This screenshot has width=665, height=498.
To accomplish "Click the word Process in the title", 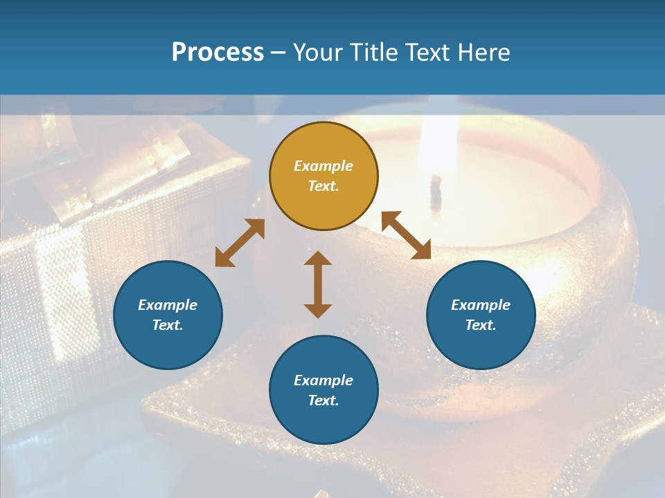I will tap(218, 53).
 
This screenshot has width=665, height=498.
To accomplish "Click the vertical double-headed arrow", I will tap(318, 284).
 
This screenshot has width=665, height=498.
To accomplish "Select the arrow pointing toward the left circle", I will tap(240, 243).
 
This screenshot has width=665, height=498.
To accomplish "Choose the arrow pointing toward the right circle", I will tap(406, 235).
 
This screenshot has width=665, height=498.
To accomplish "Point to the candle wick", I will tap(436, 191).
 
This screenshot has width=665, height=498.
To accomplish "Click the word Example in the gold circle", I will tap(323, 166).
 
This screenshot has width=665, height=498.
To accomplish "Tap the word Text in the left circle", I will tap(168, 325).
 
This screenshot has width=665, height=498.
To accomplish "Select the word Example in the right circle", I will tap(481, 305).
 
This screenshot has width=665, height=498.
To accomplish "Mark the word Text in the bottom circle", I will tap(323, 400).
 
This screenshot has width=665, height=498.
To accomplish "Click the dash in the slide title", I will tap(278, 53).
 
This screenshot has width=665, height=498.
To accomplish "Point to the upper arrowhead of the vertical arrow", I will tap(318, 259).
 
